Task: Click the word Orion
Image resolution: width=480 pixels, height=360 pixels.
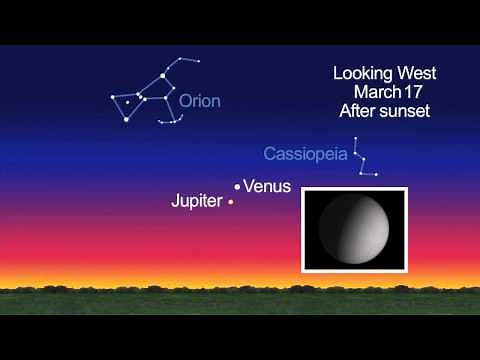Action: (x=200, y=101)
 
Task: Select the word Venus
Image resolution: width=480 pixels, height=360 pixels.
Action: (x=267, y=186)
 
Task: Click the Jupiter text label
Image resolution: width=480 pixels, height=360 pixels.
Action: (x=198, y=202)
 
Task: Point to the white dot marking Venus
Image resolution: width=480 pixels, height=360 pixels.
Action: (x=237, y=187)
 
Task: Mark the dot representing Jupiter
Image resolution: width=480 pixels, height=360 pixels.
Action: (x=231, y=202)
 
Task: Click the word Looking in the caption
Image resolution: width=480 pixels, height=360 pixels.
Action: (x=361, y=73)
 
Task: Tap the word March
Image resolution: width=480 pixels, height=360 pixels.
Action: (x=367, y=92)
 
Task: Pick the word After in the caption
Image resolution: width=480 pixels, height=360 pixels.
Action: (x=357, y=111)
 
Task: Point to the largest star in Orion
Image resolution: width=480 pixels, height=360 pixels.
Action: (x=163, y=76)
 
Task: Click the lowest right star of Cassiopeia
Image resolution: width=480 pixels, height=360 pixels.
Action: (x=376, y=175)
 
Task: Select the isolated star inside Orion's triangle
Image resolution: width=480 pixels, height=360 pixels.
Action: (x=127, y=101)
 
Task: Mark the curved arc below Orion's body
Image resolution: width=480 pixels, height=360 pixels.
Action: (x=172, y=119)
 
